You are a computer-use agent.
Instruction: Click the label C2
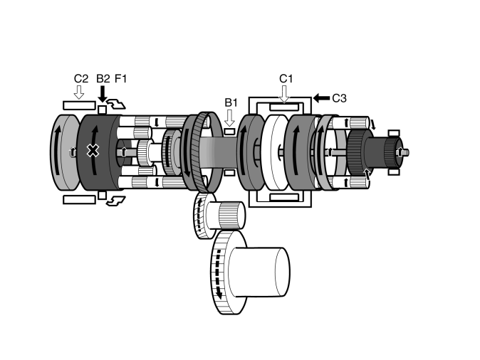pos(80,78)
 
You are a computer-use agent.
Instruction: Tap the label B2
pos(103,78)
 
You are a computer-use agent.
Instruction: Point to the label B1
pos(230,102)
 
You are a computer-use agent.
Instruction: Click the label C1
pos(286,78)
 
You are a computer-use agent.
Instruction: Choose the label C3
pos(338,98)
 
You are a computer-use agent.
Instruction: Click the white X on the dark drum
pos(93,150)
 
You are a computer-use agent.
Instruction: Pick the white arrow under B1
pos(229,117)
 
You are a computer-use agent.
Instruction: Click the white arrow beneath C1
pos(285,92)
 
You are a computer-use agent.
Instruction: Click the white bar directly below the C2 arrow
pos(78,105)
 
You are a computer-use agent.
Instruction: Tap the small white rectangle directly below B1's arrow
pos(229,132)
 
